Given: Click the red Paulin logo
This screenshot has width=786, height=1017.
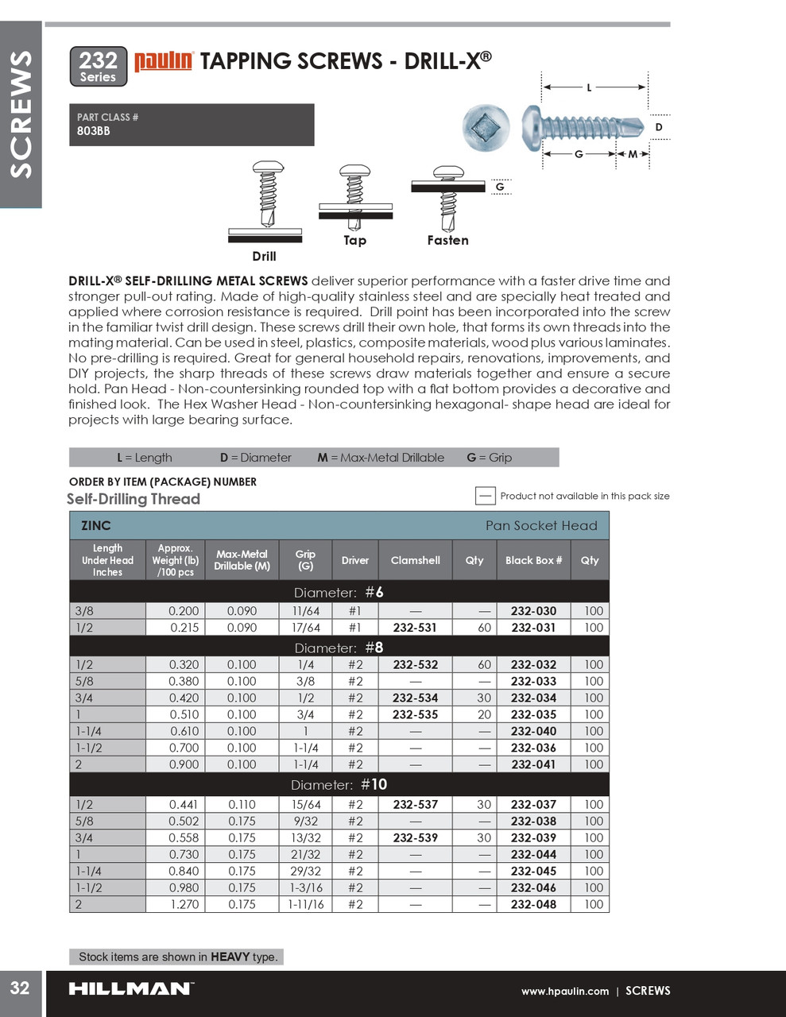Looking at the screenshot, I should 163,62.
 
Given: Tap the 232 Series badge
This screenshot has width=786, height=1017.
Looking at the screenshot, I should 99,66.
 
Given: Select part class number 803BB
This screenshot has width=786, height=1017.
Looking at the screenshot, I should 94,131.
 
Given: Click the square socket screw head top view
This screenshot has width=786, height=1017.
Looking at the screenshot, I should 486,127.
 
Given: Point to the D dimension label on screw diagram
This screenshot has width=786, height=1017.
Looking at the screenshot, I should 658,127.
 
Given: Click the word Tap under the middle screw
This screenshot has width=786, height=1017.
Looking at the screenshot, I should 354,240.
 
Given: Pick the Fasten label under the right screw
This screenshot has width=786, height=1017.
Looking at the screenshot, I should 447,240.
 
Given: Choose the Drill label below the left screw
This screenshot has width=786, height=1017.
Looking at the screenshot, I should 264,256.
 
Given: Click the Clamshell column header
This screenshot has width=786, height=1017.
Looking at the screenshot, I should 415,560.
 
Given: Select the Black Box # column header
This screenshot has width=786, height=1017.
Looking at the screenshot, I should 533,560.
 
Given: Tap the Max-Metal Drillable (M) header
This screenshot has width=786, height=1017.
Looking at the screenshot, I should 242,560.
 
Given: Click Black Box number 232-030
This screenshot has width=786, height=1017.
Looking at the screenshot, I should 533,611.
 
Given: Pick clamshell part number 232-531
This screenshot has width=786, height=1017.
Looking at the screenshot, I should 415,628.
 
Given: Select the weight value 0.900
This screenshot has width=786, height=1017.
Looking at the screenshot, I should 184,764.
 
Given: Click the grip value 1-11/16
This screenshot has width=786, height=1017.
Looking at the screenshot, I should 305,904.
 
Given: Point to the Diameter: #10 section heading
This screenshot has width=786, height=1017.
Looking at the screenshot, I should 339,784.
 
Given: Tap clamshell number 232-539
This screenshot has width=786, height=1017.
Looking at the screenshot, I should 415,837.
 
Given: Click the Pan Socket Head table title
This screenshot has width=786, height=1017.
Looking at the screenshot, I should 540,525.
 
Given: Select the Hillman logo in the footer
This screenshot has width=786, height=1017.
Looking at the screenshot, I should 130,989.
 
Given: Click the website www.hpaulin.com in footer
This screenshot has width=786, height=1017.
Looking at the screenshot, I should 564,991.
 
